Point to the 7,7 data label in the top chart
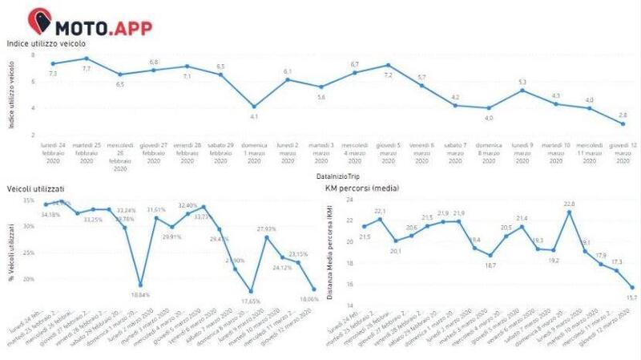click(86, 70)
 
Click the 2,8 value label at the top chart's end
click(623, 115)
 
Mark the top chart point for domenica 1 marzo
click(254, 107)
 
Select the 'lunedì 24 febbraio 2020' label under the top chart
click(53, 152)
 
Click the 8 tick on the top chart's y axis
click(34, 55)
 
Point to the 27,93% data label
click(267, 229)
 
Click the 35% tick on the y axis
click(28, 200)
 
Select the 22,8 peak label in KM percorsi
click(569, 203)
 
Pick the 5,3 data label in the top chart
click(522, 82)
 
